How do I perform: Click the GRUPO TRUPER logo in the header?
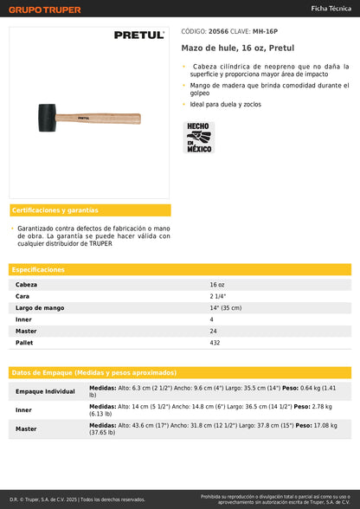coord(45,10)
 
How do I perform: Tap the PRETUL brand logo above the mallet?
coord(138,35)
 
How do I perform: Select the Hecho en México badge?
coord(199,137)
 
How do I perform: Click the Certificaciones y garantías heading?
coord(55,210)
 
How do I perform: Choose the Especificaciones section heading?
coord(38,269)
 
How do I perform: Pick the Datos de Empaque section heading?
coord(93,371)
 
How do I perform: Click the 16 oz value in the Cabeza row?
coord(217,284)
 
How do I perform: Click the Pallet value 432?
coord(215,343)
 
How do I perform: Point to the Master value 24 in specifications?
coord(213,331)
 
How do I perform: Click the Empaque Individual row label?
coord(45,391)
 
